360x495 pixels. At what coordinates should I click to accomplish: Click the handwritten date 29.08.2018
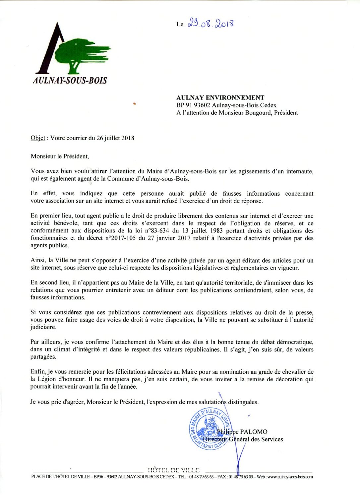pyautogui.click(x=211, y=24)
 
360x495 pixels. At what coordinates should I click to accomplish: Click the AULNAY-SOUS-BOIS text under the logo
pyautogui.click(x=70, y=80)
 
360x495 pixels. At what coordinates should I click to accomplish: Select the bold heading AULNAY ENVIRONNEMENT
pyautogui.click(x=220, y=97)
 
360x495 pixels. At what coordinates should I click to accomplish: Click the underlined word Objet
pyautogui.click(x=38, y=138)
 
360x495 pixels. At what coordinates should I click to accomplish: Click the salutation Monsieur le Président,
pyautogui.click(x=60, y=156)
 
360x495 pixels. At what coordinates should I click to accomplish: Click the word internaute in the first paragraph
pyautogui.click(x=299, y=171)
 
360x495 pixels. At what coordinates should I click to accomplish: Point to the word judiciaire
pyautogui.click(x=43, y=327)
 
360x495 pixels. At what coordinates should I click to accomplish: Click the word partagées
pyautogui.click(x=43, y=357)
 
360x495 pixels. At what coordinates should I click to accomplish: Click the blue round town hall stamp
pyautogui.click(x=210, y=429)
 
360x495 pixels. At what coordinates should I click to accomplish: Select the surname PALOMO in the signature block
pyautogui.click(x=254, y=432)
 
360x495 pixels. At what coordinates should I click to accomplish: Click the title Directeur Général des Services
pyautogui.click(x=243, y=439)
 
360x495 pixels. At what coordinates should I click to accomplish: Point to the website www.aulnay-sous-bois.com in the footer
pyautogui.click(x=290, y=477)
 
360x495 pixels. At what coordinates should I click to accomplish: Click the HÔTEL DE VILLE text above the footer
pyautogui.click(x=173, y=470)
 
